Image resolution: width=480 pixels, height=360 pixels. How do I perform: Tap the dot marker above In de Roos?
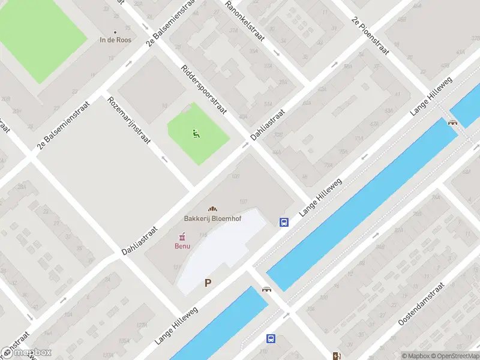115,32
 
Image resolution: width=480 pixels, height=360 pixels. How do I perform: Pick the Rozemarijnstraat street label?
128,119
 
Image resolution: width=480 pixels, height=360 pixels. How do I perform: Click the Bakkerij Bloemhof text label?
212,218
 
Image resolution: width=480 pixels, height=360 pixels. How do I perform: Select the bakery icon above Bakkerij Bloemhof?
212,208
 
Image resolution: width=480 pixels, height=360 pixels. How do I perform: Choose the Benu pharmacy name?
182,246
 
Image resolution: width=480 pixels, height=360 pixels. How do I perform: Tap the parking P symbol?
208,283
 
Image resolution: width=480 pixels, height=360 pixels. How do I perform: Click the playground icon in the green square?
196,133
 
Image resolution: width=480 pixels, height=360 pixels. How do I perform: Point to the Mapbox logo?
26,353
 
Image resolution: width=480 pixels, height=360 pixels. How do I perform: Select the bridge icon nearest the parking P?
266,289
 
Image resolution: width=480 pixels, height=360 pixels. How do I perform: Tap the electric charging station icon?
337,355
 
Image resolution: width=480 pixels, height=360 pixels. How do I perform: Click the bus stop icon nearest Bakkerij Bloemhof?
284,222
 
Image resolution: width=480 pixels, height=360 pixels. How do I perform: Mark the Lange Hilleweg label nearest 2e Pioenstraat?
431,96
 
